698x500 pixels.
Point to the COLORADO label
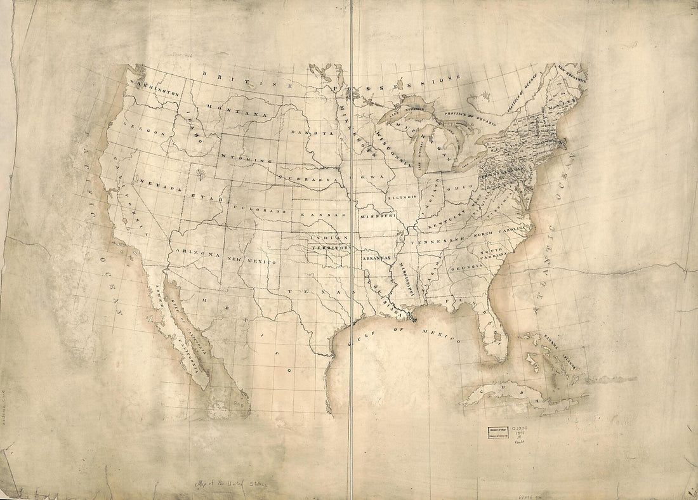pyautogui.click(x=257, y=209)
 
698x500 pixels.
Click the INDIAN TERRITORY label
pyautogui.click(x=330, y=242)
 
